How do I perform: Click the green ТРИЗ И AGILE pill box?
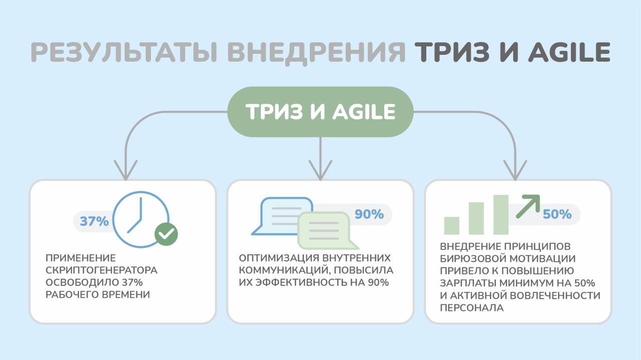(x=320, y=112)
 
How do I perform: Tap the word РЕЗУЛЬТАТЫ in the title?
(x=123, y=52)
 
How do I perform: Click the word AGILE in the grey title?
(x=569, y=52)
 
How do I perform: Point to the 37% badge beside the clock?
(x=94, y=221)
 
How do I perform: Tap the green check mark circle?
(x=166, y=233)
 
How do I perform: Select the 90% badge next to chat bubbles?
(x=369, y=214)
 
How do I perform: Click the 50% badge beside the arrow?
(x=557, y=214)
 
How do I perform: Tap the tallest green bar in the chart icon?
(x=501, y=214)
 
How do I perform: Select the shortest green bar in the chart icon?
(x=452, y=225)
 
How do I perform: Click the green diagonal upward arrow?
(x=528, y=205)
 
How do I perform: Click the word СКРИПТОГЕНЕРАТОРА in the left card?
(x=102, y=270)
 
